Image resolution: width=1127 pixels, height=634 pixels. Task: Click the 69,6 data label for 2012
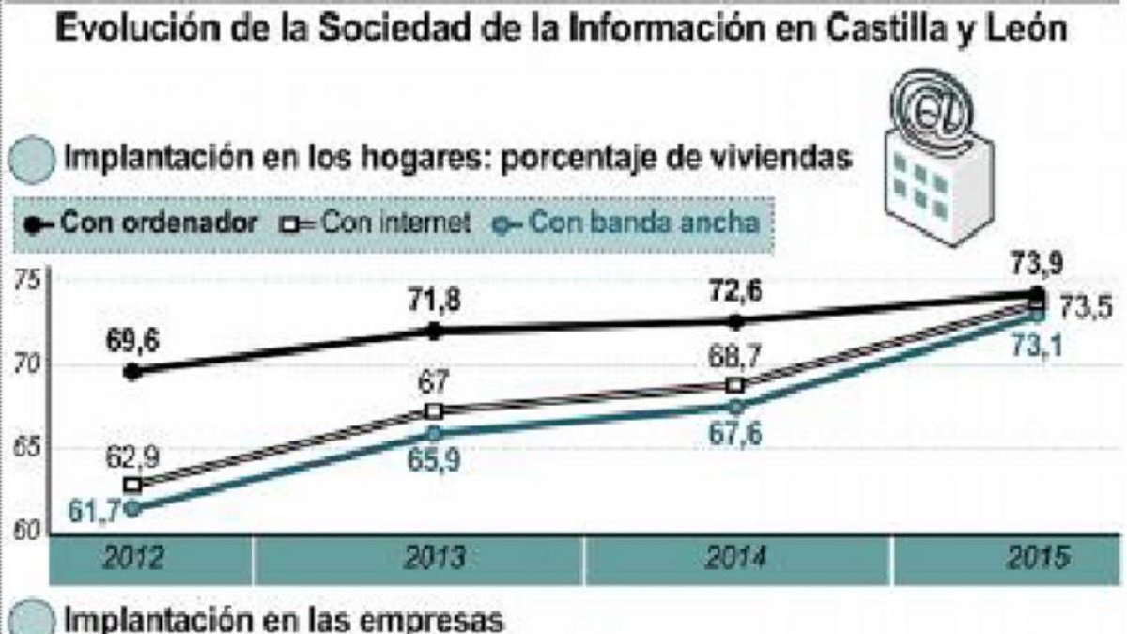pos(132,341)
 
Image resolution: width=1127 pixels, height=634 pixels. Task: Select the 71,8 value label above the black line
pos(434,301)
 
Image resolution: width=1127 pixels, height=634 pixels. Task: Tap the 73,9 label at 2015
pos(1037,263)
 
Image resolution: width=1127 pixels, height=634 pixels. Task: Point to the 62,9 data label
pos(132,457)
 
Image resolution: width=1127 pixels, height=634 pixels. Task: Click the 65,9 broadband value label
pos(434,460)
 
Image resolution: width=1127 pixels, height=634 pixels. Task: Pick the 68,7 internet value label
pos(734,357)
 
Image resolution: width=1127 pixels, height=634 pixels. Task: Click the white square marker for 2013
pos(434,411)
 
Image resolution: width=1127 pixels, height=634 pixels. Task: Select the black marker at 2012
pos(132,372)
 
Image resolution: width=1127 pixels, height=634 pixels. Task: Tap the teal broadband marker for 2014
pos(735,407)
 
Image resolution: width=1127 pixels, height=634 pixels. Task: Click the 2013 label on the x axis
pos(435,558)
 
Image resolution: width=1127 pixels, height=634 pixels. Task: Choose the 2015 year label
pos(1038,558)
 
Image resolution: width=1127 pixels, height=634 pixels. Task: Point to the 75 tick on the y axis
pos(26,280)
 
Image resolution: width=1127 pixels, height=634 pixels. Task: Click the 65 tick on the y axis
pos(26,447)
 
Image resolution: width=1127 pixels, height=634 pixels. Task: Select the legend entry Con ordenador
pos(141,223)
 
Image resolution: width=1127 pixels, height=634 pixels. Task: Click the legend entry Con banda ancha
pos(625,223)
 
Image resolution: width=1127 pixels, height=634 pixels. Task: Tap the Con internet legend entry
pos(376,223)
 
